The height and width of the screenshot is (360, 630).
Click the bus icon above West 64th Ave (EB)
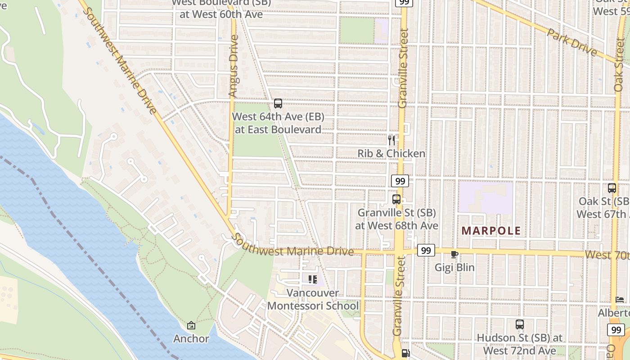278,103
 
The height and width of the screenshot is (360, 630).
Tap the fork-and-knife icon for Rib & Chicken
391,140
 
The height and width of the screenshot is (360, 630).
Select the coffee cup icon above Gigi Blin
454,254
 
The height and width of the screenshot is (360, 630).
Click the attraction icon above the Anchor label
191,325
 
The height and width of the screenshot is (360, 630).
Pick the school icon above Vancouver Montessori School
313,279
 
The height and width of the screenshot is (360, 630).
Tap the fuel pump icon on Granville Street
405,354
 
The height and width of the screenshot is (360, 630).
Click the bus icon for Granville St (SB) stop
396,199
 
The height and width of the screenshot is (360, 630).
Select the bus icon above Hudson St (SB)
520,324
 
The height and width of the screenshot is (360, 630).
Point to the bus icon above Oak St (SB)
612,188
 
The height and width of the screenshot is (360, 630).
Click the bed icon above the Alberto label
620,300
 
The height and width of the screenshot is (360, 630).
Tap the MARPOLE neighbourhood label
491,231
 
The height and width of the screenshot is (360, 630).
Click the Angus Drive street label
233,66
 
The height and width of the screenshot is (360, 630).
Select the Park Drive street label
572,41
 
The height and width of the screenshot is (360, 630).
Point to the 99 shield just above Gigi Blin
426,250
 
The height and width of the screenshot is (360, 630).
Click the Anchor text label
191,338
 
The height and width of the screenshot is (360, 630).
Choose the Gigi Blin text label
454,267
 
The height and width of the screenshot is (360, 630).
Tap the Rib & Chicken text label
391,153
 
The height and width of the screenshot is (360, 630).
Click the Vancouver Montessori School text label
313,300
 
